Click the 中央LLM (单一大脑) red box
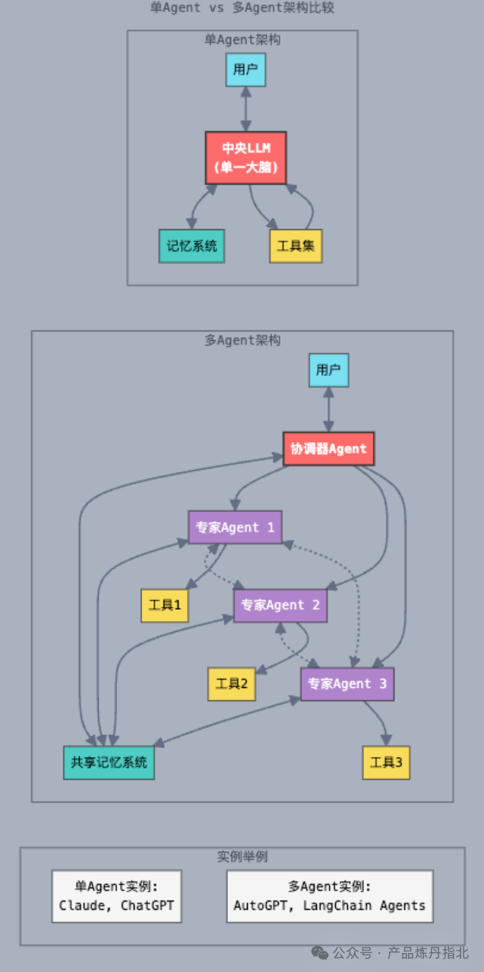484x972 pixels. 245,158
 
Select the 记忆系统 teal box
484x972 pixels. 191,246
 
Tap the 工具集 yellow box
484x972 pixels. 296,246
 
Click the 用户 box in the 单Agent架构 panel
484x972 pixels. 245,70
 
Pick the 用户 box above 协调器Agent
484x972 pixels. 328,371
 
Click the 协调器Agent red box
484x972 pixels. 328,449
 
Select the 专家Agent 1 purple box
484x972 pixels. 235,527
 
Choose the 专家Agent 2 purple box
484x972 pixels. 280,605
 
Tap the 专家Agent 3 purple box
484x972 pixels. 347,684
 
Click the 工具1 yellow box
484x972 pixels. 165,605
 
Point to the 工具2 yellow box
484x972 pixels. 232,684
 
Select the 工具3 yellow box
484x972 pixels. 386,762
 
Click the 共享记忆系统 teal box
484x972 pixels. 109,762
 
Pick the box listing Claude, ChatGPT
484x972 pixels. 117,896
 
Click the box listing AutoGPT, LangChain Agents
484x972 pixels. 330,896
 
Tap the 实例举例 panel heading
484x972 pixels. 242,857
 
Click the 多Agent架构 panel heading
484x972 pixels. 242,340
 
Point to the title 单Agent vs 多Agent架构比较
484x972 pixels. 242,8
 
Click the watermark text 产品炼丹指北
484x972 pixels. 428,952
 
